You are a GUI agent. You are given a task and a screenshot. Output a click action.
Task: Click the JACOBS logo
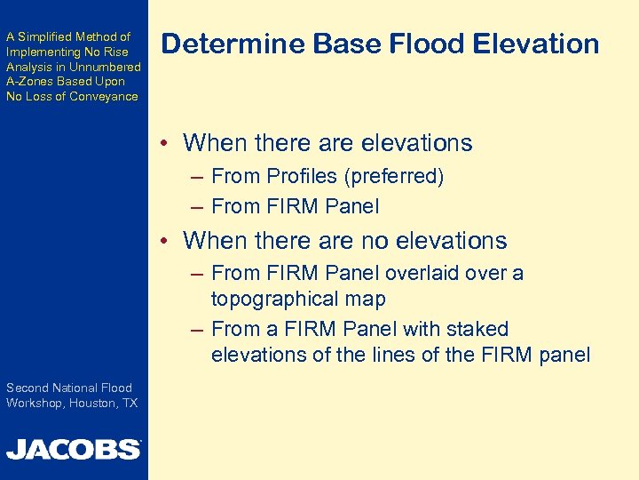tap(73, 449)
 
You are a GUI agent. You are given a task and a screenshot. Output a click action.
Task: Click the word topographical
tap(279, 299)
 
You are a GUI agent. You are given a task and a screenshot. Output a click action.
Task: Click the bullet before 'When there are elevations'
tap(166, 144)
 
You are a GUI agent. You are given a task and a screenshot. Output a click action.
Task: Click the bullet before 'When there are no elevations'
tap(166, 242)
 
